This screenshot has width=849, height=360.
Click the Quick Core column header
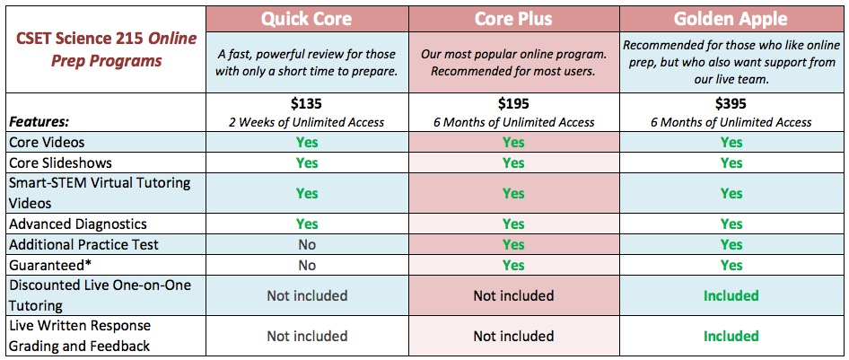click(306, 19)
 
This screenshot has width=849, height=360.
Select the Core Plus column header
click(513, 19)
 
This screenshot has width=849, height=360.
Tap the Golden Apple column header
click(731, 19)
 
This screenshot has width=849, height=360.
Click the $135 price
click(306, 103)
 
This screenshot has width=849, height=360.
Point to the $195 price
click(513, 103)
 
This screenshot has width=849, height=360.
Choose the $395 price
click(731, 103)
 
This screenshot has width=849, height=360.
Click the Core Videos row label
click(47, 143)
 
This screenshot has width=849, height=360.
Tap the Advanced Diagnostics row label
click(78, 224)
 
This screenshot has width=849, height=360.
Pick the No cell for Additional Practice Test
click(306, 245)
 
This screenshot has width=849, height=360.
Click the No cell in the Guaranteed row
click(306, 265)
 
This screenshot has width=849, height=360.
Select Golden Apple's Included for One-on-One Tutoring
click(731, 295)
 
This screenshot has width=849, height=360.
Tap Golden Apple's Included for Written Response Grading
click(731, 336)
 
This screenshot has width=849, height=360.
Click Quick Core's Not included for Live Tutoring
click(306, 295)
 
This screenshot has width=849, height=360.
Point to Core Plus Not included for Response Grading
click(513, 336)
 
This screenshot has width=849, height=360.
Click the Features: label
click(39, 122)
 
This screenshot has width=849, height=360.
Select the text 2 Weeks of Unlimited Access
click(306, 122)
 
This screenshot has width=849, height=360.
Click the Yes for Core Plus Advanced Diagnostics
click(513, 224)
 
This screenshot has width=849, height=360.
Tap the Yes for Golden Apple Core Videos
click(731, 143)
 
